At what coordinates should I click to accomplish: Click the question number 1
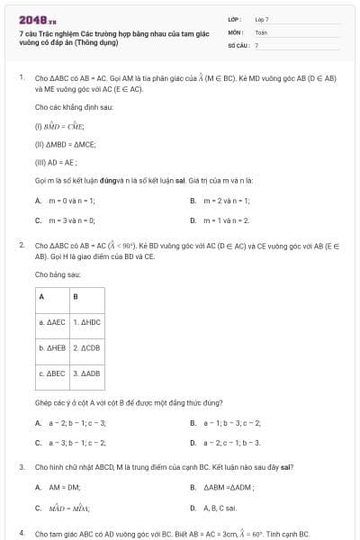pos(21,78)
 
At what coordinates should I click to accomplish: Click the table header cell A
pos(41,296)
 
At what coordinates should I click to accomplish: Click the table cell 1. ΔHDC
pos(87,321)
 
